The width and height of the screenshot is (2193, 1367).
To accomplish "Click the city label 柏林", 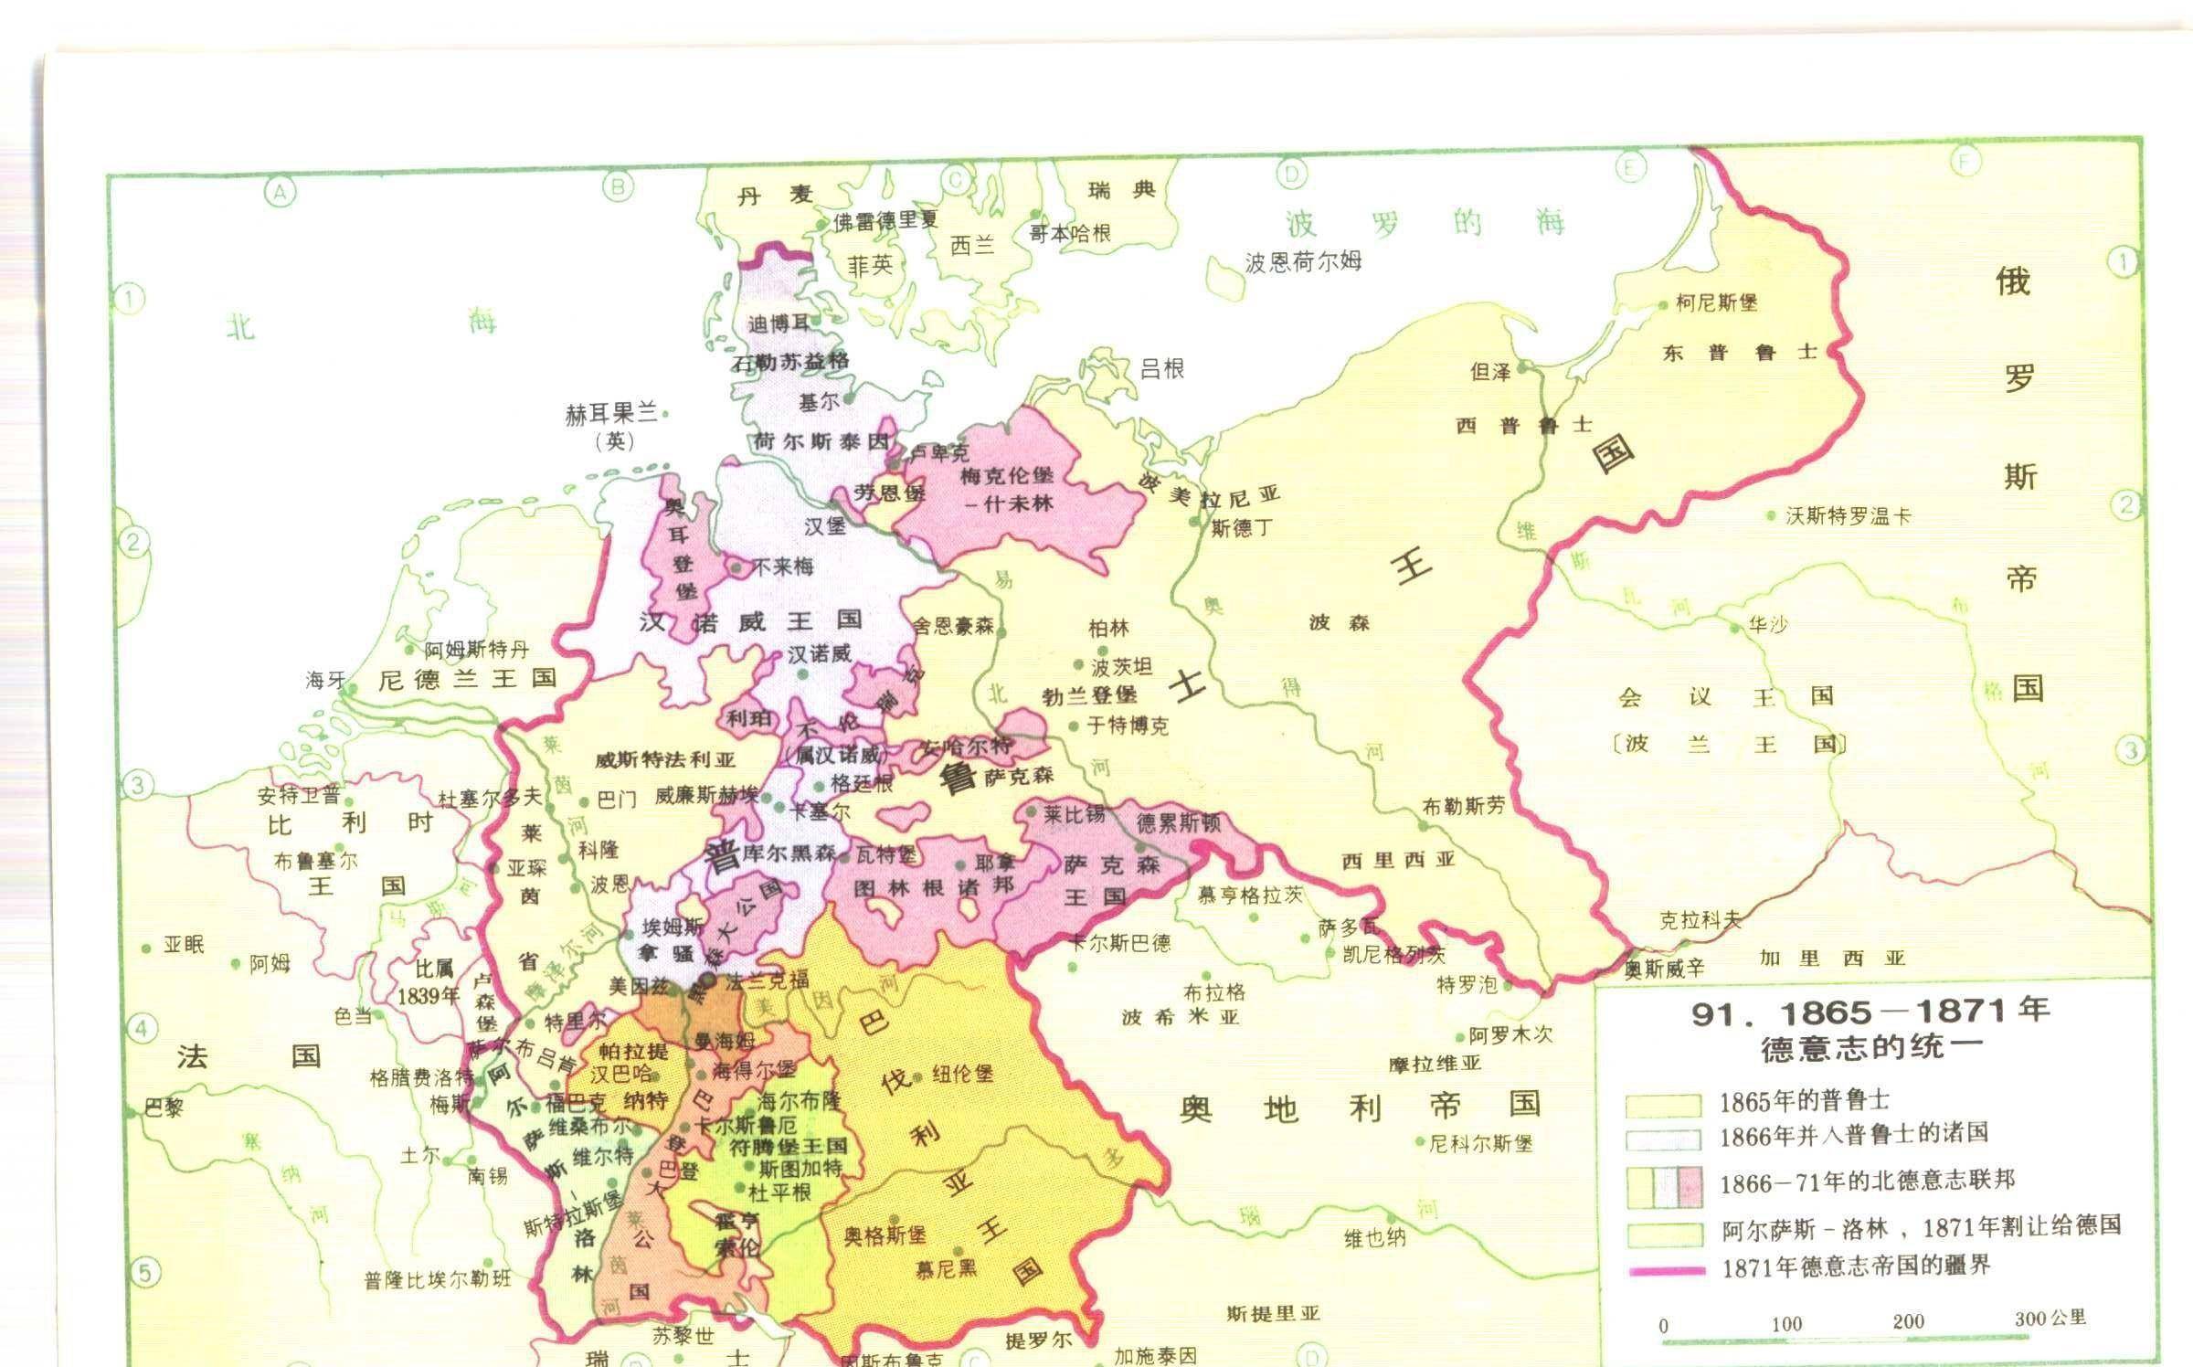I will click(1108, 629).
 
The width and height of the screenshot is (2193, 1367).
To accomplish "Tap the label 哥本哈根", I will click(1070, 234).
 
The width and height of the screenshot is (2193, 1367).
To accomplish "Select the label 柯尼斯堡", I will click(1716, 302).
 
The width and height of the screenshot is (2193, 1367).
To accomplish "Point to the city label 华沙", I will click(1767, 625).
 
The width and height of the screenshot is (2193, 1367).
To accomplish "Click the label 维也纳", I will click(1374, 1238).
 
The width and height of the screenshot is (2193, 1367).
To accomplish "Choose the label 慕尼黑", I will click(946, 1268).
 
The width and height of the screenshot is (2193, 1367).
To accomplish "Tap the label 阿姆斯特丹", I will click(476, 651).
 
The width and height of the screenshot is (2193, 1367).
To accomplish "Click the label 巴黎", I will click(164, 1108).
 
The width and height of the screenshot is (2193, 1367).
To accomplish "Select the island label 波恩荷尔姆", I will click(1303, 262).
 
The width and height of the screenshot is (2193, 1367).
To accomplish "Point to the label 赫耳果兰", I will click(611, 414).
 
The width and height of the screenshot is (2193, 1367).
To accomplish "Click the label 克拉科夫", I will click(1700, 920).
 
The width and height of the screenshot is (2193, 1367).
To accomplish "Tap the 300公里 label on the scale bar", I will click(2050, 1318).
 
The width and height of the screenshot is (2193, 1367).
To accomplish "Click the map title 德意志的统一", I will click(1872, 1046).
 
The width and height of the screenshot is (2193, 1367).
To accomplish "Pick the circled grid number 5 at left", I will click(143, 1271).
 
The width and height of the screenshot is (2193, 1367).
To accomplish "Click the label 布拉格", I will click(1214, 992).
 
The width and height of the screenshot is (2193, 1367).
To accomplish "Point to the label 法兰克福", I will click(767, 981).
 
